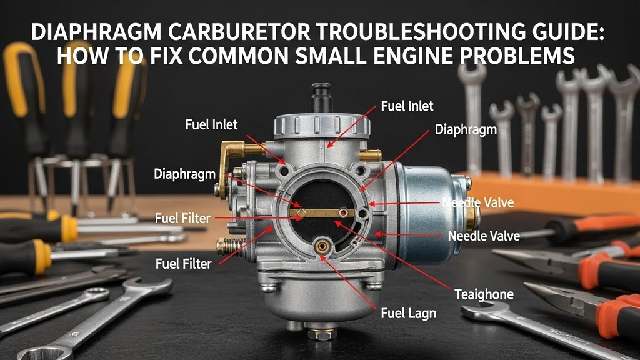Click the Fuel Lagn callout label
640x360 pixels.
pyautogui.click(x=408, y=312)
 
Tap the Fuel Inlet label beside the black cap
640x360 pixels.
pyautogui.click(x=407, y=106)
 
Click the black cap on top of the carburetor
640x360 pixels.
pyautogui.click(x=322, y=97)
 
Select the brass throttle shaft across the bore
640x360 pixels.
pyautogui.click(x=322, y=213)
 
